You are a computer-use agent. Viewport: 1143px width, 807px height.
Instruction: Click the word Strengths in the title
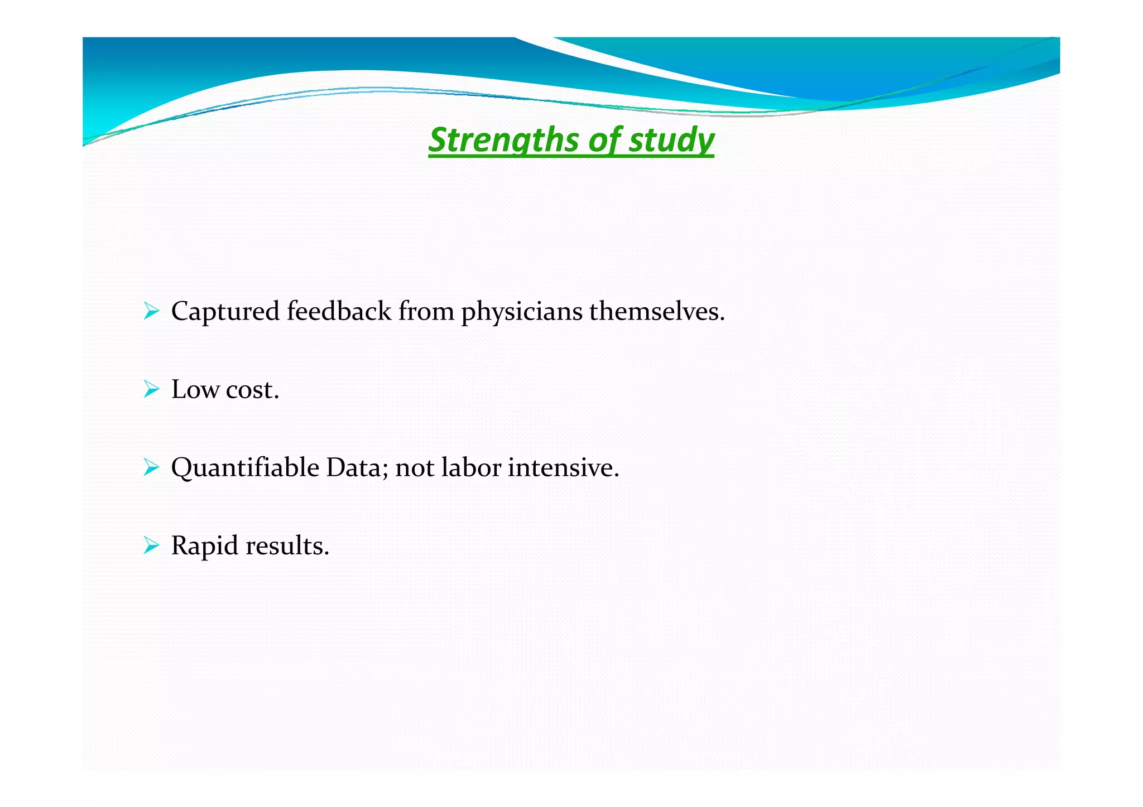pyautogui.click(x=503, y=139)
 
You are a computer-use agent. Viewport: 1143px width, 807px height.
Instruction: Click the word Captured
pyautogui.click(x=225, y=311)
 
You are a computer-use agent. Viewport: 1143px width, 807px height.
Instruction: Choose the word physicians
pyautogui.click(x=521, y=312)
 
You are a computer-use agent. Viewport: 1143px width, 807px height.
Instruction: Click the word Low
pyautogui.click(x=195, y=389)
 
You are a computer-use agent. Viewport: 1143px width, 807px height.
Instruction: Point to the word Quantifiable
pyautogui.click(x=245, y=467)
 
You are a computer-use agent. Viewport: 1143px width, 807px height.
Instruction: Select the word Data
pyautogui.click(x=356, y=467)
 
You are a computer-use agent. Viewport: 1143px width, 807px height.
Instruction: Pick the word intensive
pyautogui.click(x=563, y=467)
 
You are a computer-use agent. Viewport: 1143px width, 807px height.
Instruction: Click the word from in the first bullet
pyautogui.click(x=426, y=311)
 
